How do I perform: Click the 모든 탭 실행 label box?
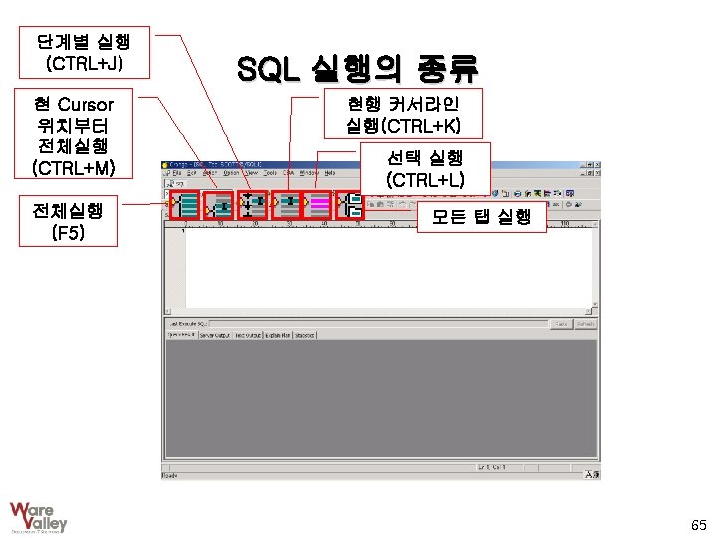pos(482,217)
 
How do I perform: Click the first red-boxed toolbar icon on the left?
pos(184,205)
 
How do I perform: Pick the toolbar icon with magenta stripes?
pos(319,205)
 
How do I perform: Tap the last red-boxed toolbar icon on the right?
pos(351,205)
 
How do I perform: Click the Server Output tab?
pos(214,335)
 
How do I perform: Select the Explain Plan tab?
pos(278,335)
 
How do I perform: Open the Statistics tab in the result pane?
pos(305,335)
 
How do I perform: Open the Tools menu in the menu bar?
pos(269,172)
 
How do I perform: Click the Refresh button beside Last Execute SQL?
pos(586,324)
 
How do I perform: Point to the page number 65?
pos(698,524)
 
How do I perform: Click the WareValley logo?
pos(38,516)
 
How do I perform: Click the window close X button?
pos(596,163)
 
